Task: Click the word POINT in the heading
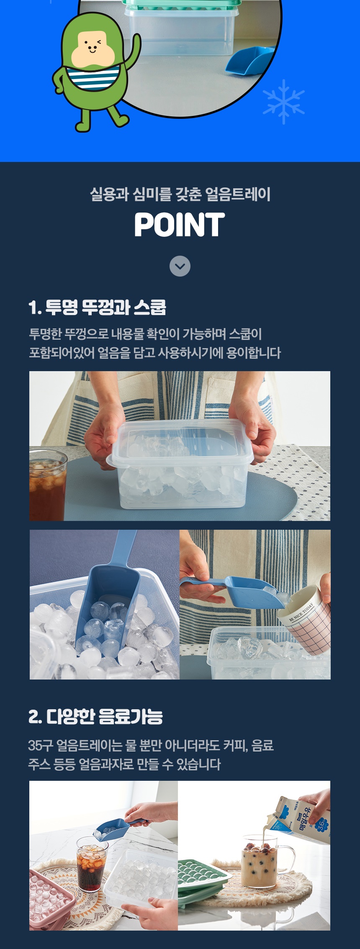pyautogui.click(x=180, y=225)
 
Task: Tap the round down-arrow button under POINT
pyautogui.click(x=180, y=266)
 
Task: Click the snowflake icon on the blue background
pyautogui.click(x=283, y=102)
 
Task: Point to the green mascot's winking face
pyautogui.click(x=92, y=46)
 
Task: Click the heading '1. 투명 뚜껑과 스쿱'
pyautogui.click(x=97, y=308)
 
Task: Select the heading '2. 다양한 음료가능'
pyautogui.click(x=95, y=716)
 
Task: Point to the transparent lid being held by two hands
pyautogui.click(x=180, y=443)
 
